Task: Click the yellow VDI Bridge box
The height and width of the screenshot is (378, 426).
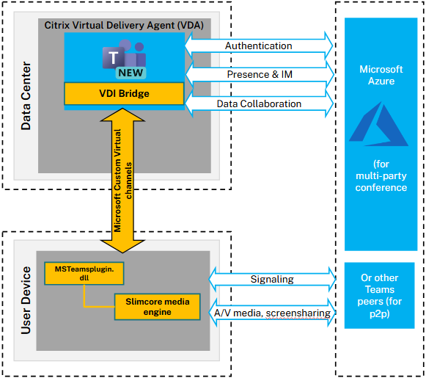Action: coord(124,93)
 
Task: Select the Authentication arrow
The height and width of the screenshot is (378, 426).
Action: coord(259,46)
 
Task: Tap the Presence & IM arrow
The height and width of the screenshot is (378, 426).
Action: coord(260,74)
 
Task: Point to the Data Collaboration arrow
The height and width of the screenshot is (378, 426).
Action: coord(259,103)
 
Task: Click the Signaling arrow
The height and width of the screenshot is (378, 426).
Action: coord(272,279)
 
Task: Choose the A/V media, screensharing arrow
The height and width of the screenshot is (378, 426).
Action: coord(272,313)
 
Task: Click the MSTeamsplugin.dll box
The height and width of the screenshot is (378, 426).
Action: coord(84,273)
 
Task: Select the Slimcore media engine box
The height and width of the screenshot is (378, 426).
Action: coord(158,307)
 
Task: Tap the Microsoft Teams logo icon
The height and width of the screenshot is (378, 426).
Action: coord(124,59)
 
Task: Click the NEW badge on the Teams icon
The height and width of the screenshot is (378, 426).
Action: coord(131,73)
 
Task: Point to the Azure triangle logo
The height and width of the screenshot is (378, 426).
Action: coord(378,124)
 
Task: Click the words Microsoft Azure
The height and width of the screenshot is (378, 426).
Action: coord(381,75)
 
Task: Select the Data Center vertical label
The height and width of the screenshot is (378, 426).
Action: coord(26,95)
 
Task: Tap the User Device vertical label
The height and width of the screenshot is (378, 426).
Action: coord(26,300)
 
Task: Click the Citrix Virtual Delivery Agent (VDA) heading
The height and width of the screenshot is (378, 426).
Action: coord(124,25)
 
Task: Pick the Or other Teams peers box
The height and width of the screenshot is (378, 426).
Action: coord(380,295)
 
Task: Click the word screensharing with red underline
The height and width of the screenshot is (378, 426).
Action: coord(298,313)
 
